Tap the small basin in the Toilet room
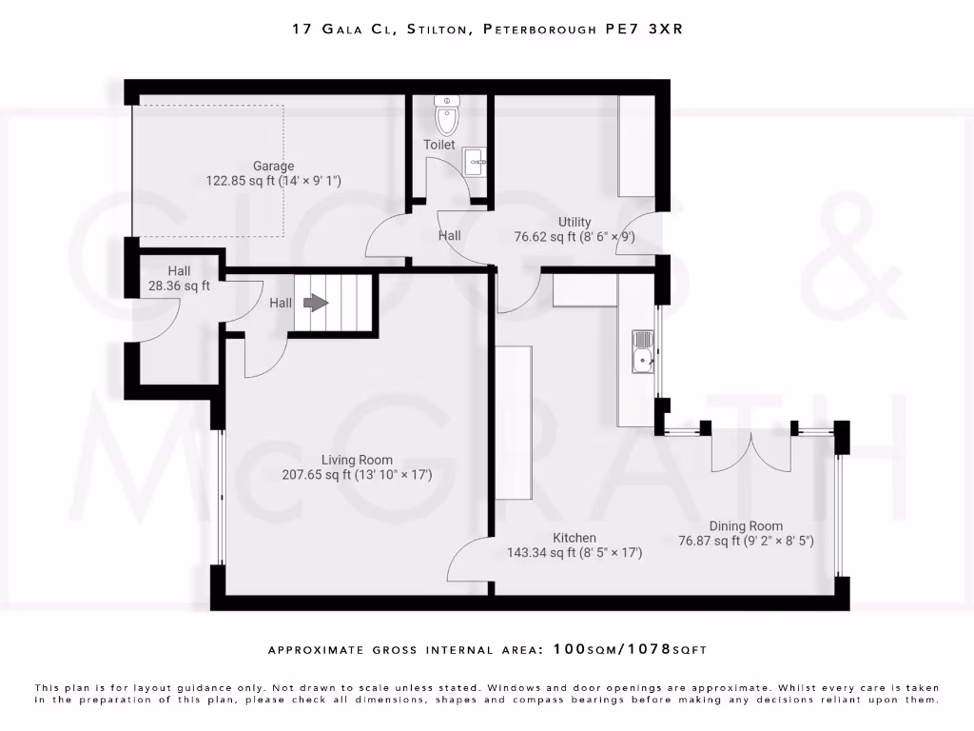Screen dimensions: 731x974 pyautogui.click(x=475, y=162)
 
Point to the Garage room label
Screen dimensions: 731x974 pyautogui.click(x=273, y=166)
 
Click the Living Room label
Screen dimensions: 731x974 pyautogui.click(x=357, y=460)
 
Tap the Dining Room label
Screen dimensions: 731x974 pyautogui.click(x=746, y=525)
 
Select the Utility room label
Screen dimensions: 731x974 pyautogui.click(x=574, y=222)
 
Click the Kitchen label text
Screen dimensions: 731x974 pyautogui.click(x=575, y=538)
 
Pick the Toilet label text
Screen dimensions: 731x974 pyautogui.click(x=439, y=145)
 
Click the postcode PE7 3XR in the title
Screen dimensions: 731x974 pyautogui.click(x=645, y=30)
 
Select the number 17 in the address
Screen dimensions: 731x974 pyautogui.click(x=302, y=30)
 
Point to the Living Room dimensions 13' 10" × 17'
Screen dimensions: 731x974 pyautogui.click(x=393, y=474)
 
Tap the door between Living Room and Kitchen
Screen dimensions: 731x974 pyautogui.click(x=469, y=562)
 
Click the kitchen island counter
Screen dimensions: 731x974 pyautogui.click(x=513, y=421)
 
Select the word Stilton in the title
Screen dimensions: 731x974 pyautogui.click(x=438, y=30)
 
